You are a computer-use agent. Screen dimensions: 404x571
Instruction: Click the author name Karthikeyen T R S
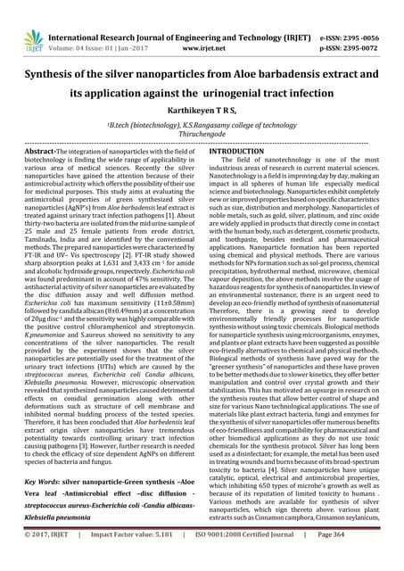click(x=202, y=110)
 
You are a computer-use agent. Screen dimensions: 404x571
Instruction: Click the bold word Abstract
click(x=43, y=153)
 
